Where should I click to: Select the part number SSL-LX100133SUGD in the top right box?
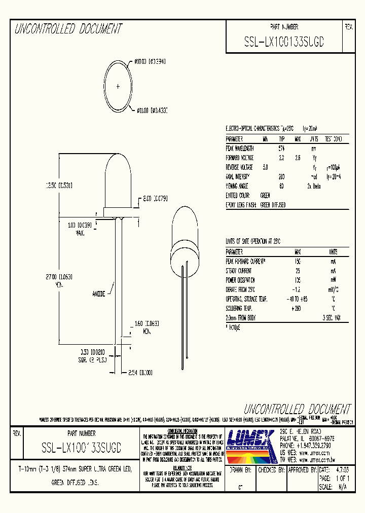284,43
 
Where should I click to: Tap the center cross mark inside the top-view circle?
118,87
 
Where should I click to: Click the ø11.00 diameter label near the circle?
152,109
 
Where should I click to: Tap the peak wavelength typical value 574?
281,149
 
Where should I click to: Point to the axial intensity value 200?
281,176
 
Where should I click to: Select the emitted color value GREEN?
265,195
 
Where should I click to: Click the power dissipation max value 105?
297,280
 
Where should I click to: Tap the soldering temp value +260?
297,308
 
